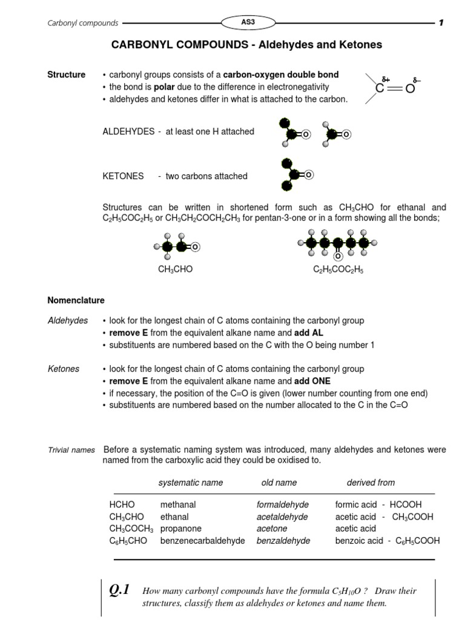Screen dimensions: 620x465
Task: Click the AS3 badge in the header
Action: point(248,22)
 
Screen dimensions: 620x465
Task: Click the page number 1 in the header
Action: point(441,23)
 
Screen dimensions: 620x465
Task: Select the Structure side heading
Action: point(67,74)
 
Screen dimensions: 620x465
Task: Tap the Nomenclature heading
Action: point(76,300)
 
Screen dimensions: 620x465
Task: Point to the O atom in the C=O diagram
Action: point(410,89)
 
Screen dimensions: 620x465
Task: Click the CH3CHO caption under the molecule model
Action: point(175,269)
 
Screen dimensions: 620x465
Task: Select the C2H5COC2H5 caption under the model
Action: point(338,269)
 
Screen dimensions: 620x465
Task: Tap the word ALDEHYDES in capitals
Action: point(128,131)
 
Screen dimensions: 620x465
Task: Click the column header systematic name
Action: point(190,483)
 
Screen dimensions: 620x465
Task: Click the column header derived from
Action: point(371,483)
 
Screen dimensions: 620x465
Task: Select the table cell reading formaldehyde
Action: point(283,504)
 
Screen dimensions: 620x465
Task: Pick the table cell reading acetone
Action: point(272,529)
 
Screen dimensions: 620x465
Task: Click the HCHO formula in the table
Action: point(122,504)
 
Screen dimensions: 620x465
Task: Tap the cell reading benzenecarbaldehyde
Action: point(202,541)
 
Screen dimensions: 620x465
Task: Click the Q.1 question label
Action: point(119,590)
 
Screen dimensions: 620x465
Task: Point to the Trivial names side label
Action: point(71,450)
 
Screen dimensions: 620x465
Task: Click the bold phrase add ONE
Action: point(312,381)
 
